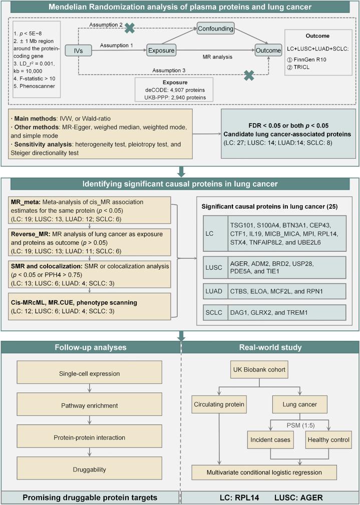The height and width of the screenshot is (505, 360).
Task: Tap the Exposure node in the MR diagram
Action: pos(163,50)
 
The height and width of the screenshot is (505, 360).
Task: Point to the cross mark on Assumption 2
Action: pos(130,28)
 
